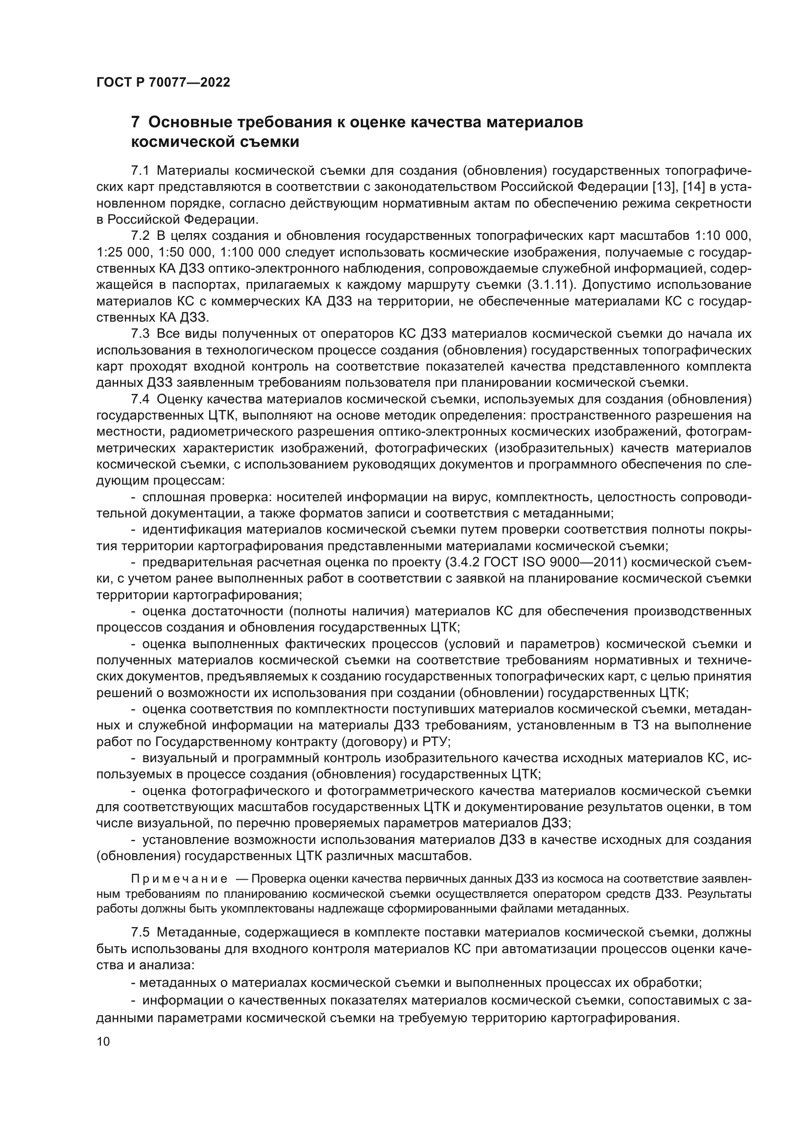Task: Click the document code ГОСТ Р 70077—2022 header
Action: [163, 83]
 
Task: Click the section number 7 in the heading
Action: [135, 122]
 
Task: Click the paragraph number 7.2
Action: [140, 236]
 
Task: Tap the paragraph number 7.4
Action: [140, 399]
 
